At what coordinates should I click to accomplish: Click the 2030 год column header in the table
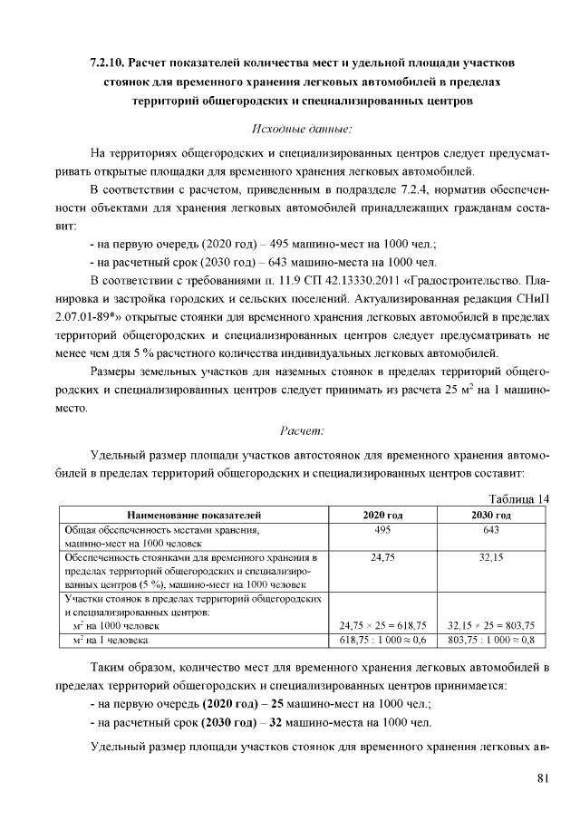491,515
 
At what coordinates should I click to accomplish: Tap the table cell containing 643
491,529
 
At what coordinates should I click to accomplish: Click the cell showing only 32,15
491,558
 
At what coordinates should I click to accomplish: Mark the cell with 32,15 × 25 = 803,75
491,625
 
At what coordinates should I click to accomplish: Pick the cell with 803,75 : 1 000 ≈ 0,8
491,639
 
